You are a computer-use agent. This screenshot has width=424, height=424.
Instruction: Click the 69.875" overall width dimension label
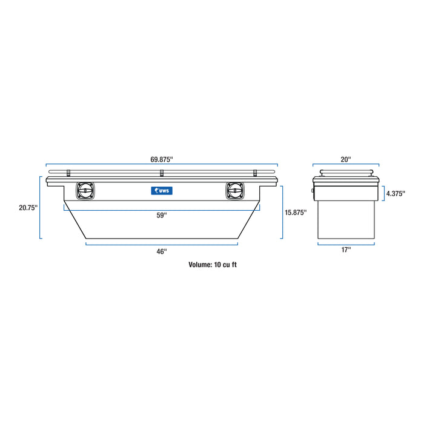pos(162,159)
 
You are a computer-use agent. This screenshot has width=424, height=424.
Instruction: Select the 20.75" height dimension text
pos(28,207)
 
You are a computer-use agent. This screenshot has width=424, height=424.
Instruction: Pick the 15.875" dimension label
pos(295,212)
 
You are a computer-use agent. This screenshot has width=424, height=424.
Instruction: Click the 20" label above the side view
pos(345,159)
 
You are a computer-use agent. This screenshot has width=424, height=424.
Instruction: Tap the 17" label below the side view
pos(345,250)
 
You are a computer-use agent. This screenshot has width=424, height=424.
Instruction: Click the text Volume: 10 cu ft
pos(216,265)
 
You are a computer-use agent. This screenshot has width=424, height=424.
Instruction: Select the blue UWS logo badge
pos(162,191)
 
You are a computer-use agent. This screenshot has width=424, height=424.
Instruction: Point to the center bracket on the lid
pos(162,173)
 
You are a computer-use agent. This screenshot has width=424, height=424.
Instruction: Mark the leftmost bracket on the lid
pos(68,173)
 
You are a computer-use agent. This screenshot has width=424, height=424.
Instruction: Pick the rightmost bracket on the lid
pos(255,173)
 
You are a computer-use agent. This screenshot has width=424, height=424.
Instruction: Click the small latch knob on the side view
pos(313,191)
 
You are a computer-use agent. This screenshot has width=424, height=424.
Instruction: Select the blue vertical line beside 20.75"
pos(41,207)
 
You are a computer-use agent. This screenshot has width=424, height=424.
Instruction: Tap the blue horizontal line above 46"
pos(162,244)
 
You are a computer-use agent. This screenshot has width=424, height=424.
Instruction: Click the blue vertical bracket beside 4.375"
pos(383,194)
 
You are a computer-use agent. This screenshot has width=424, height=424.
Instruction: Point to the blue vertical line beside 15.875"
pos(282,212)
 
